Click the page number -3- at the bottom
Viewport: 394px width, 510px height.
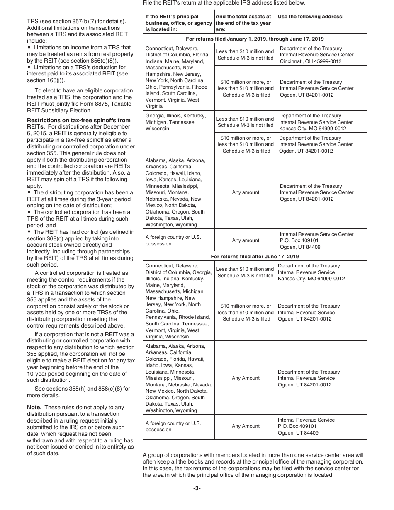[197, 488]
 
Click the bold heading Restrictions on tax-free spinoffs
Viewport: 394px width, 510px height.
[78, 120]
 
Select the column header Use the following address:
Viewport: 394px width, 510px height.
[311, 17]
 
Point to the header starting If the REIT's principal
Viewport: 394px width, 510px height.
[178, 23]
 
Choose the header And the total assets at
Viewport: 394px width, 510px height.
[245, 23]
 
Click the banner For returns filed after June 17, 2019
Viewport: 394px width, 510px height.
[255, 256]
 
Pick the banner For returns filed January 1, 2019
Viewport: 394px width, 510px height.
[255, 39]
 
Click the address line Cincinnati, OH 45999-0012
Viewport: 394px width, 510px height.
[311, 61]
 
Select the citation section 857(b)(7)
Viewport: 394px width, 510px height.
[70, 21]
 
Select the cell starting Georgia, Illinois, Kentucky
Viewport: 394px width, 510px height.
[178, 122]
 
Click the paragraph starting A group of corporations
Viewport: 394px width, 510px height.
[253, 465]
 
